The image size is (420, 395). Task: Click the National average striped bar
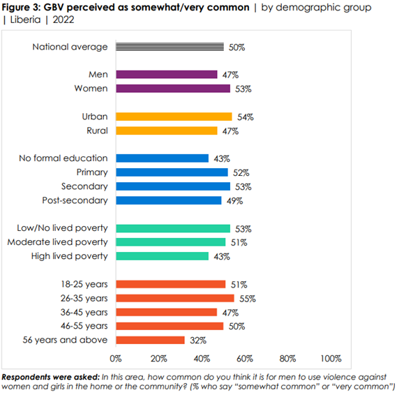170,47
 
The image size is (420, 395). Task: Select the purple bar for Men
167,75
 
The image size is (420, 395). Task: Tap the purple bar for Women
173,89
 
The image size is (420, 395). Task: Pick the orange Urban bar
174,117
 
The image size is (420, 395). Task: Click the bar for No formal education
162,158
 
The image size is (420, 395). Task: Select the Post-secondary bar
168,200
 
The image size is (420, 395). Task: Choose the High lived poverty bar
162,256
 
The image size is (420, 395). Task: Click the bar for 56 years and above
150,340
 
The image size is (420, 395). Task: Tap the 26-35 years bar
175,298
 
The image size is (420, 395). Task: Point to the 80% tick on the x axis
287,359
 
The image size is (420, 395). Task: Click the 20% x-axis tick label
159,359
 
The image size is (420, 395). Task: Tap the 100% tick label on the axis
330,359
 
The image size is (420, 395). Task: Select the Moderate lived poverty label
57,242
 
